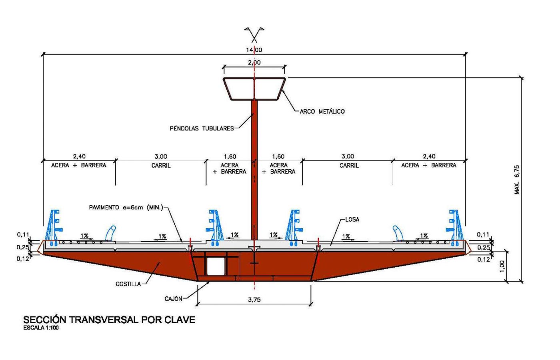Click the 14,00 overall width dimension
click(254, 50)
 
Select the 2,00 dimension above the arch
click(254, 62)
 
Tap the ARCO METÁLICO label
click(322, 112)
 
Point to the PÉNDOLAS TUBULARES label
click(202, 128)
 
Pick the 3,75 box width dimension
click(254, 300)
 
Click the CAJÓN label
click(173, 299)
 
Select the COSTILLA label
click(128, 284)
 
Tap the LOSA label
click(352, 220)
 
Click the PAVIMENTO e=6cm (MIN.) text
click(126, 208)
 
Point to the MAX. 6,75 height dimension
click(517, 180)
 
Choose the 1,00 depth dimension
click(502, 266)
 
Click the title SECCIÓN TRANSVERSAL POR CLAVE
click(109, 320)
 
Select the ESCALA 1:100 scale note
click(41, 328)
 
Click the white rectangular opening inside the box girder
click(216, 266)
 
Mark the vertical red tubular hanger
click(254, 170)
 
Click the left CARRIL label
click(161, 166)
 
